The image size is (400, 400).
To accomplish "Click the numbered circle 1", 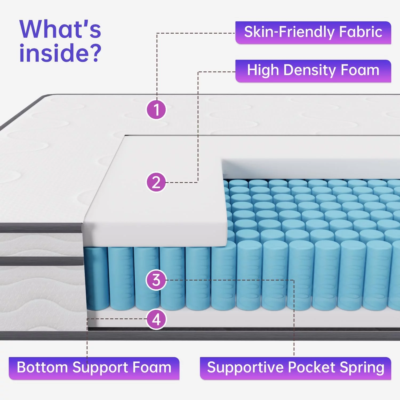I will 156,109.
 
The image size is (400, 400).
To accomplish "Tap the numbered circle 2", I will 156,182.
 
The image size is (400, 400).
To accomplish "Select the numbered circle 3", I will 156,280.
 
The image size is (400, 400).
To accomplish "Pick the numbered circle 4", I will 157,319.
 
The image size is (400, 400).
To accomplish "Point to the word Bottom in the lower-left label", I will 42,367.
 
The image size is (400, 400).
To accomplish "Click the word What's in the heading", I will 60,29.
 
